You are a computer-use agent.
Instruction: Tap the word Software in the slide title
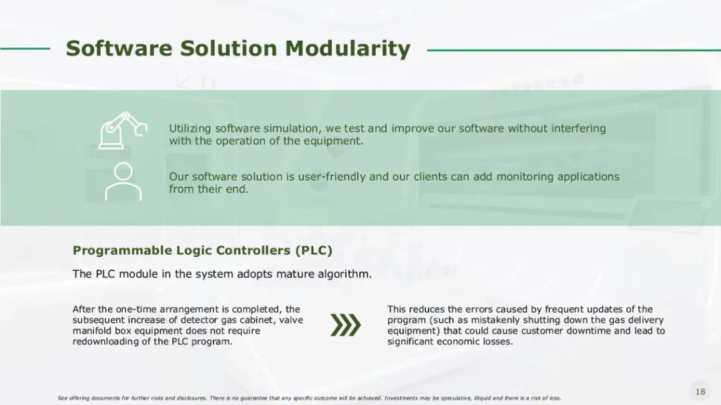(119, 48)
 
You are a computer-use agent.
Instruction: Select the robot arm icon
(123, 130)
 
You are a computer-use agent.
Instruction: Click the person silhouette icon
(124, 181)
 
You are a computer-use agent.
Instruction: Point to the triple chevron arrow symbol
(346, 325)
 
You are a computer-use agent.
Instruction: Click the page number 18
(700, 392)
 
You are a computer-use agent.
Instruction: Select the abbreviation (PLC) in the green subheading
(314, 250)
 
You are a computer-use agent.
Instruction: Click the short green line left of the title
(25, 48)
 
